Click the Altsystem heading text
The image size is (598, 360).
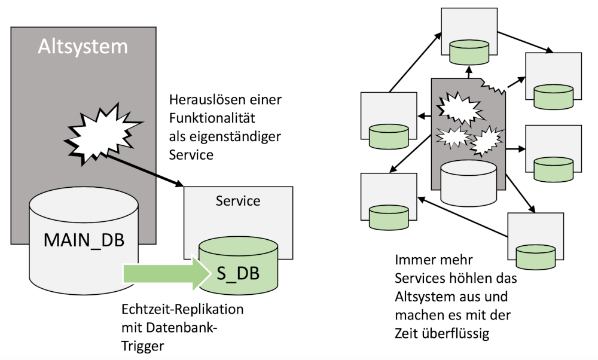[83, 45]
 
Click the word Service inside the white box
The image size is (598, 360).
[238, 201]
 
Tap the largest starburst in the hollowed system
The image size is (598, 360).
[457, 107]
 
